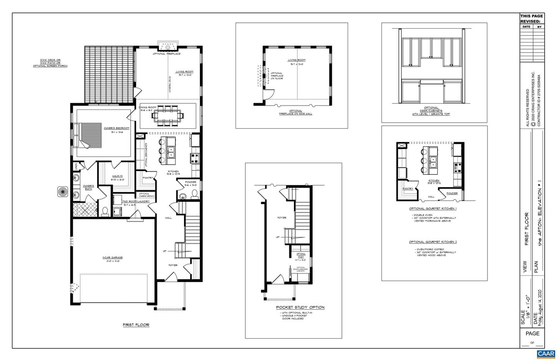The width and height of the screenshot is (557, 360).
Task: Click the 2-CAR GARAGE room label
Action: tap(113, 259)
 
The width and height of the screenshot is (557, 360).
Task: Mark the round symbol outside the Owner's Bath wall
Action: tap(63, 191)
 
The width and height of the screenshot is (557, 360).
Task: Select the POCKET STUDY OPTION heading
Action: tap(300, 307)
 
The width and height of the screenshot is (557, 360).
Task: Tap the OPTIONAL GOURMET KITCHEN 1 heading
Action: tap(433, 208)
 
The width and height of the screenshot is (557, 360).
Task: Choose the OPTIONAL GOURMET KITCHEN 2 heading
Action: tap(433, 242)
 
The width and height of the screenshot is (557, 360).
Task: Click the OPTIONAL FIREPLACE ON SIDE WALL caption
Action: tap(296, 112)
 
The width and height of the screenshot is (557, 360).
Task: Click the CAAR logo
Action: tap(546, 354)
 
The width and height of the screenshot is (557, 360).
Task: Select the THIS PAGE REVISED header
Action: tap(531, 19)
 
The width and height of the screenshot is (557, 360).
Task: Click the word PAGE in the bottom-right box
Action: tap(532, 333)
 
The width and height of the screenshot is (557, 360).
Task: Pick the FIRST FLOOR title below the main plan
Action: tap(136, 325)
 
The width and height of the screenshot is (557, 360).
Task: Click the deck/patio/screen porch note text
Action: tap(50, 63)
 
